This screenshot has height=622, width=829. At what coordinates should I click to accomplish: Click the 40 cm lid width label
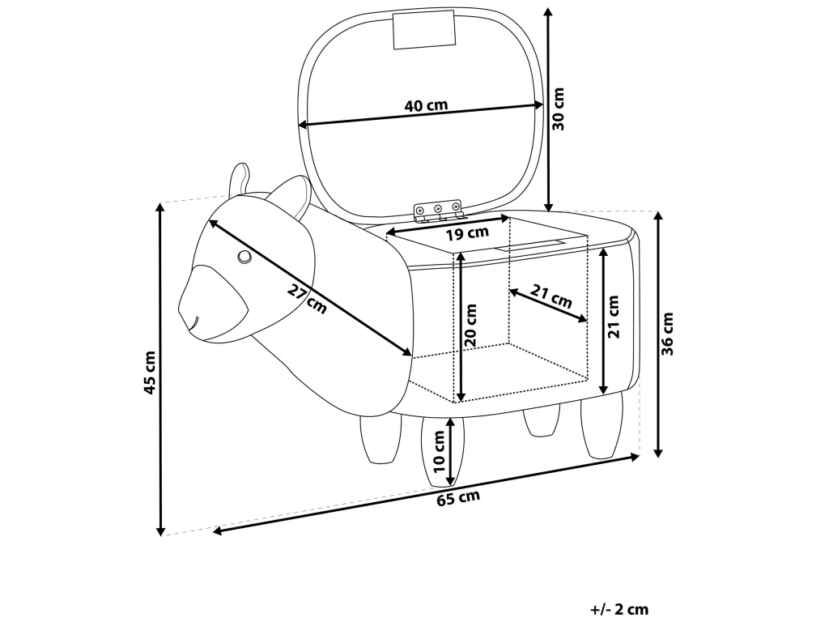click(426, 106)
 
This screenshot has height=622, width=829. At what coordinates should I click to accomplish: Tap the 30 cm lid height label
click(558, 109)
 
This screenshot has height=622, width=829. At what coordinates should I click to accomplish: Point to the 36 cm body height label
click(668, 334)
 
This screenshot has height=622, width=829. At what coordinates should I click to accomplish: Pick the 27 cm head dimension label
click(308, 300)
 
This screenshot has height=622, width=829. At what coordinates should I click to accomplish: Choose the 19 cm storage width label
click(467, 234)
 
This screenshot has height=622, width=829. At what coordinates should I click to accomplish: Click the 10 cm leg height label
click(440, 452)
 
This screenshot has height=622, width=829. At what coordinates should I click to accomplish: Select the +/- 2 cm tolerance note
click(619, 609)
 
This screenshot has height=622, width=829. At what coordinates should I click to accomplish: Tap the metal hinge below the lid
click(439, 211)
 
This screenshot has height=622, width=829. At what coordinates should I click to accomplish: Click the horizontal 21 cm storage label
click(551, 296)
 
